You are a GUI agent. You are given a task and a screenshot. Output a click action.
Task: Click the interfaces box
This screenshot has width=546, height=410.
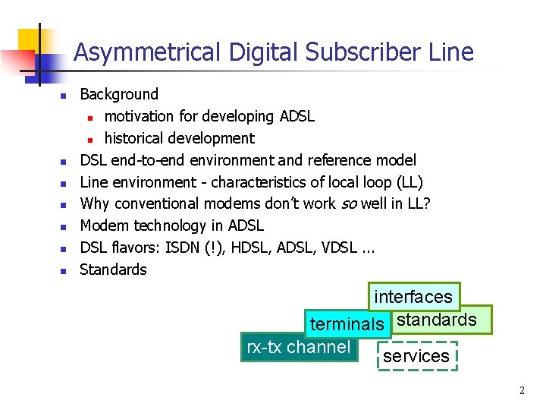click(413, 297)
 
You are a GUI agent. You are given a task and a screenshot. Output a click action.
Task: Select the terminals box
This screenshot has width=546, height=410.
click(347, 324)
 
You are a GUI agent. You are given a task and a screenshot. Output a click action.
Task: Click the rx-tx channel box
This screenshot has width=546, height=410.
click(299, 348)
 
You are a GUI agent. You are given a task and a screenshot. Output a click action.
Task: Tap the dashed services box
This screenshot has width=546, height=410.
click(416, 356)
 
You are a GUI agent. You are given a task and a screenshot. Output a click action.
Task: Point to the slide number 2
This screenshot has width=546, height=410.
click(522, 390)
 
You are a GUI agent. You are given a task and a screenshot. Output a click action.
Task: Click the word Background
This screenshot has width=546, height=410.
click(119, 94)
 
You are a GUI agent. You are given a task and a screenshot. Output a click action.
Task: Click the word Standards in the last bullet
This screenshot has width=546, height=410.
click(114, 270)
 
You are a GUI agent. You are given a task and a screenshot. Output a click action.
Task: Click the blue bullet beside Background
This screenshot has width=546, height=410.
click(65, 96)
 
